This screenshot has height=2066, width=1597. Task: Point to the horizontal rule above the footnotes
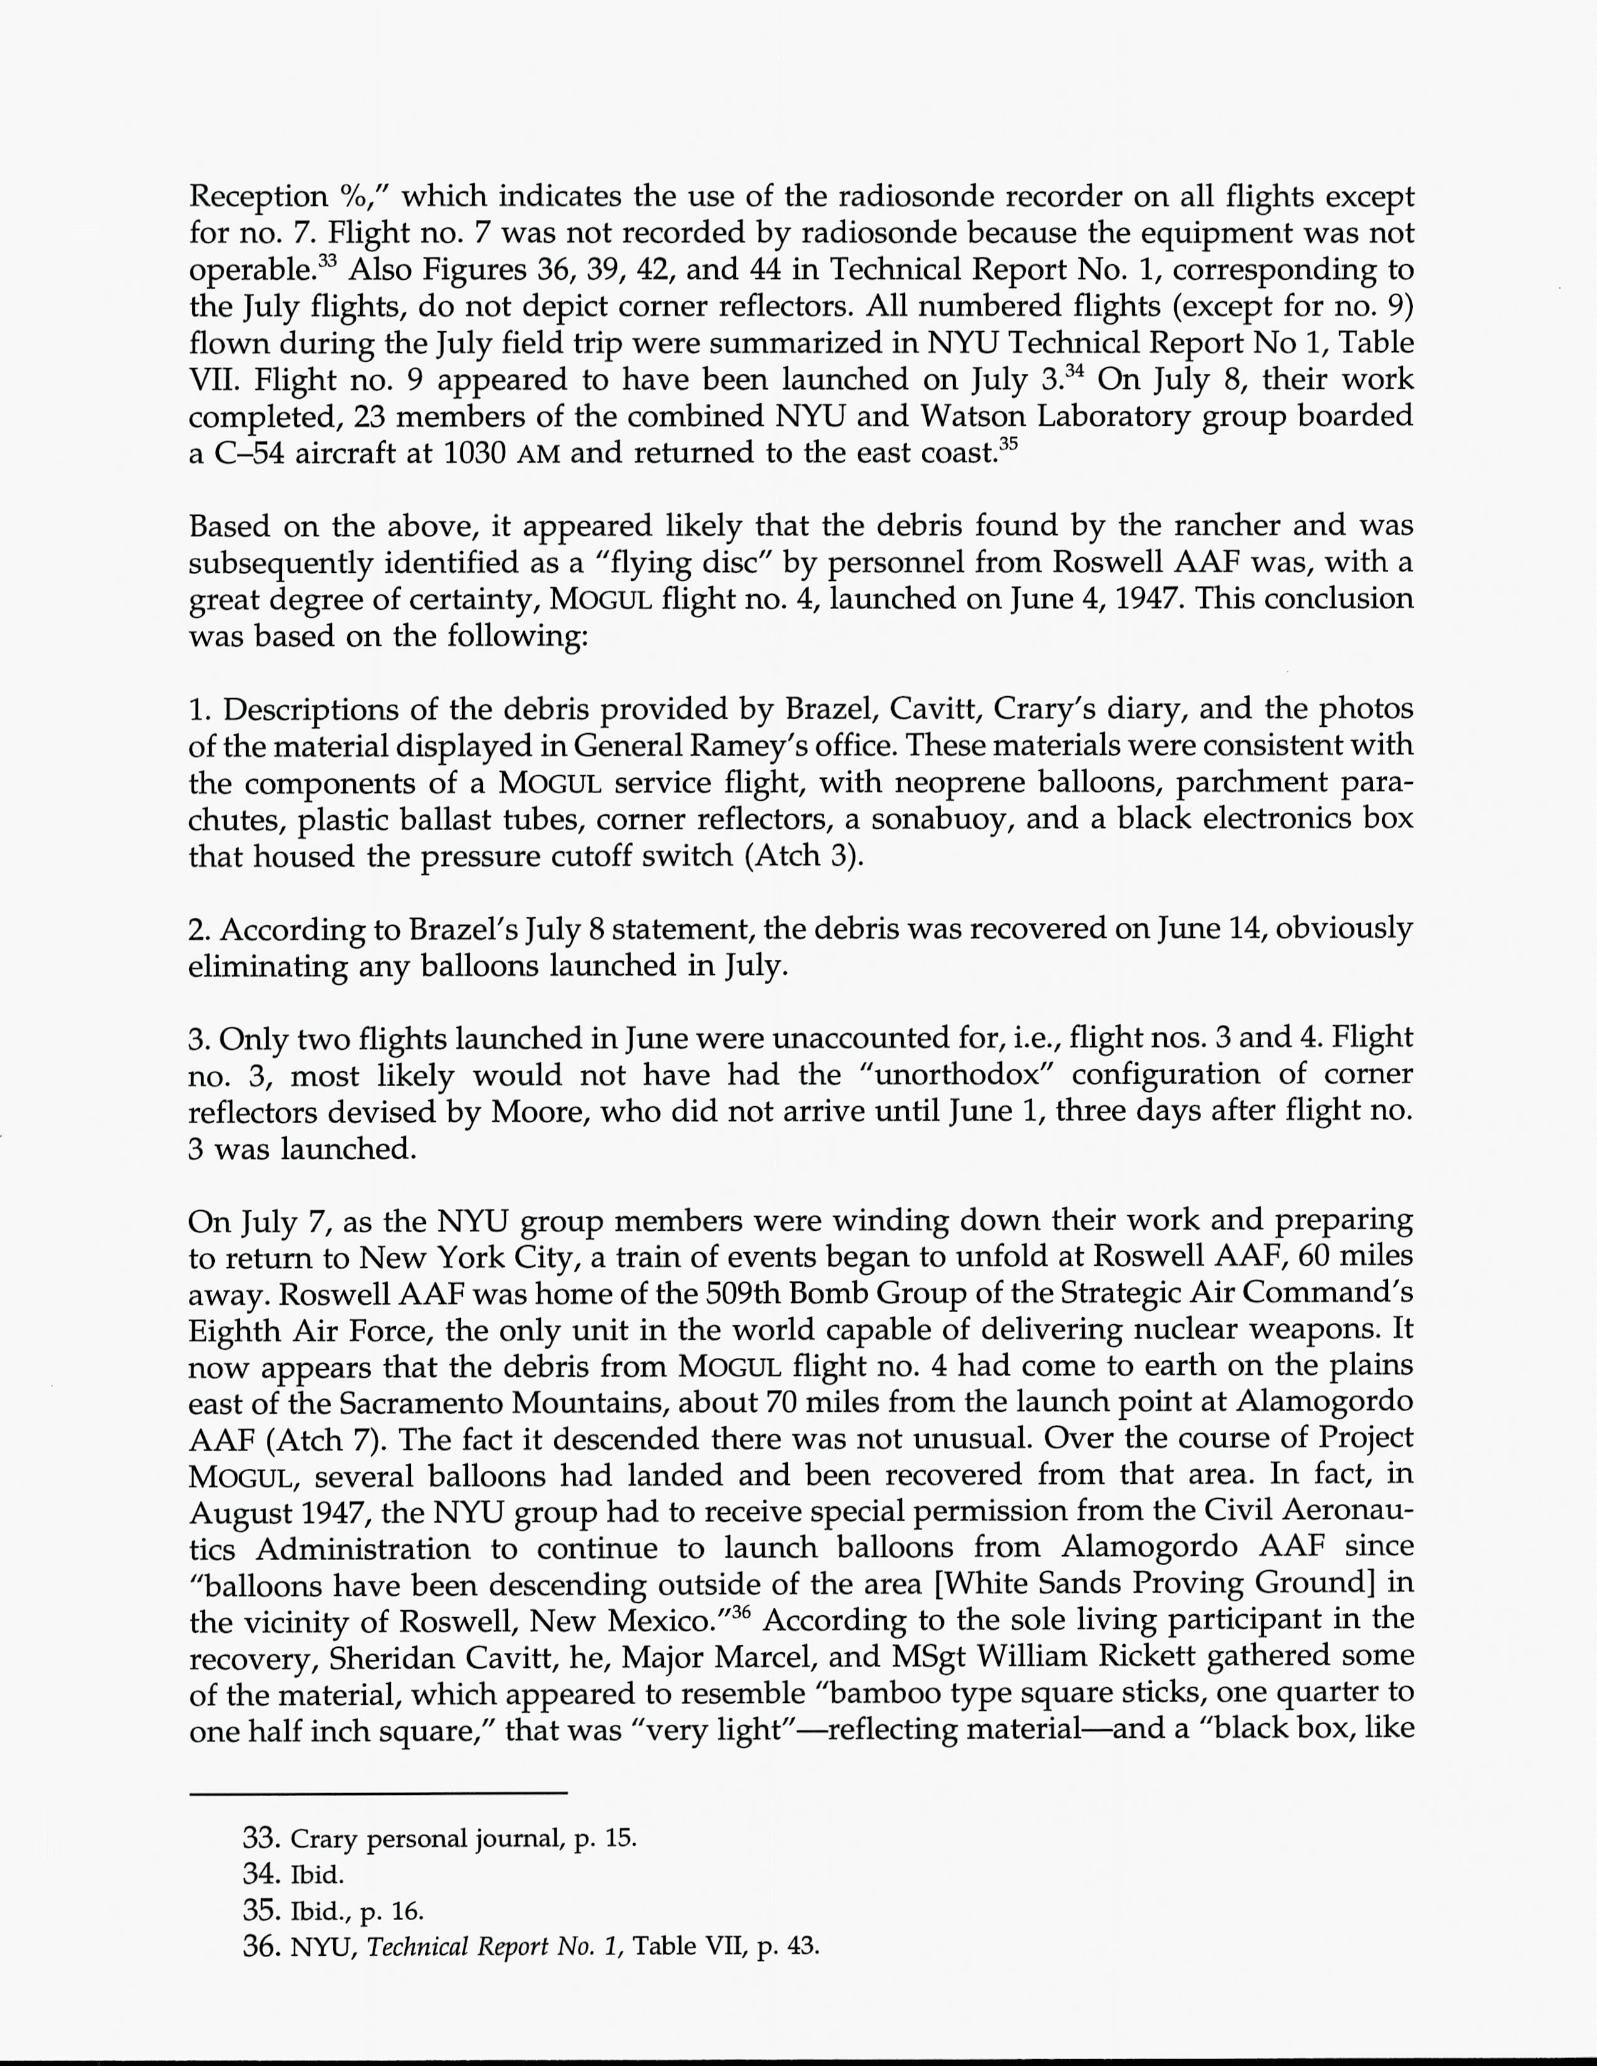click(x=378, y=1792)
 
